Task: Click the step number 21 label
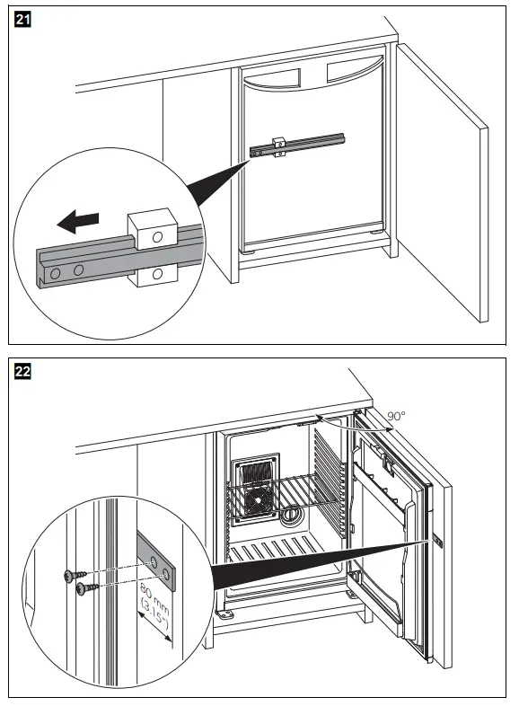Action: click(22, 20)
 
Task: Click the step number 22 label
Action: click(22, 372)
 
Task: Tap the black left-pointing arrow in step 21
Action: click(77, 222)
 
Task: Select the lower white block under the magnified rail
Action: click(154, 275)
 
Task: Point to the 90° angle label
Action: click(396, 416)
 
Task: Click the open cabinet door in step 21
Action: click(442, 182)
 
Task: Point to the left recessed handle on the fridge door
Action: click(272, 76)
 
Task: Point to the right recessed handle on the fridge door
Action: click(355, 71)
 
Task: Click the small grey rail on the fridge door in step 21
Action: click(298, 145)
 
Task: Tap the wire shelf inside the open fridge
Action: click(276, 495)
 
